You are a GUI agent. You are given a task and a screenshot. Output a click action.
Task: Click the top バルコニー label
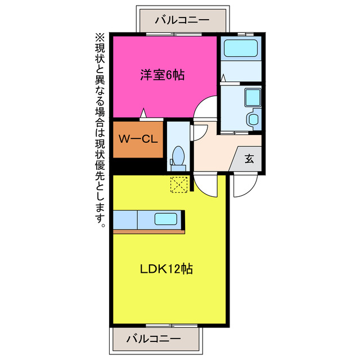coord(183,20)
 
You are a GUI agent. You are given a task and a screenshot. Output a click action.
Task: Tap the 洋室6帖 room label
coord(163,75)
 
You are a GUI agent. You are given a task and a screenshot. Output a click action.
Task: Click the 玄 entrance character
coord(249,159)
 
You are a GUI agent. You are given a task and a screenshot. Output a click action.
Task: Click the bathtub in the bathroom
coord(240,48)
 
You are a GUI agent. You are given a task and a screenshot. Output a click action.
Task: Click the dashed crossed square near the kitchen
coord(179,184)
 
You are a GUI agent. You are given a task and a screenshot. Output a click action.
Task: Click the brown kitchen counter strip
coord(148,231)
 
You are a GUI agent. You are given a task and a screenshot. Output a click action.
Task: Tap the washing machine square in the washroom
coord(251,97)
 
